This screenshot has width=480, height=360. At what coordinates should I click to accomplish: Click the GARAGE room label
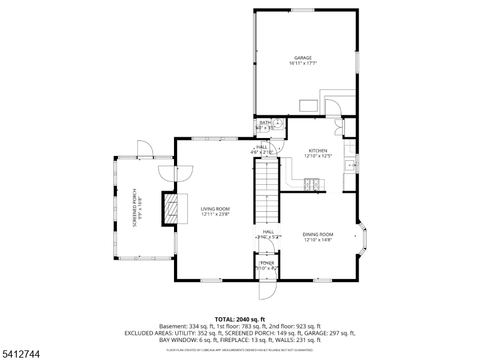(x=302, y=58)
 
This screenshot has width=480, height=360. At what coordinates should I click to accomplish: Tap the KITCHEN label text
(x=317, y=151)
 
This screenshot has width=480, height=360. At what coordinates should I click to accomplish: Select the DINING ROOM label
(x=317, y=234)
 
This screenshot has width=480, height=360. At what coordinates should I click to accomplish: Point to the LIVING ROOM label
(x=215, y=209)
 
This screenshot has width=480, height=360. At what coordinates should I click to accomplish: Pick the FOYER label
(x=267, y=263)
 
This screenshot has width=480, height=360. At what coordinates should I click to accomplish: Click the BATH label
(x=265, y=122)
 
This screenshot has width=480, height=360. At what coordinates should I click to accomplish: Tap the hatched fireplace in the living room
(x=171, y=209)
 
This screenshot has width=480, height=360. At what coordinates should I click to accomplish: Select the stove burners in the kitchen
(x=312, y=184)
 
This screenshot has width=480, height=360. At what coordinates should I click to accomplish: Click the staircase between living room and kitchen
(x=267, y=192)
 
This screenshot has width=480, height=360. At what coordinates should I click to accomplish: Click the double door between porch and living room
(x=176, y=173)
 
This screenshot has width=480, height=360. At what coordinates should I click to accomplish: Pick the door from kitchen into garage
(x=332, y=108)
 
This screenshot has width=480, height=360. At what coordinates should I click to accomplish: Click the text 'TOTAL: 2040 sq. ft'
(x=240, y=319)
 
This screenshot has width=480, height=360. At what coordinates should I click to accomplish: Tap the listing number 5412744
(x=20, y=355)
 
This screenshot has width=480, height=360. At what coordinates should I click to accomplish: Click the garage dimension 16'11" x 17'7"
(x=302, y=64)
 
